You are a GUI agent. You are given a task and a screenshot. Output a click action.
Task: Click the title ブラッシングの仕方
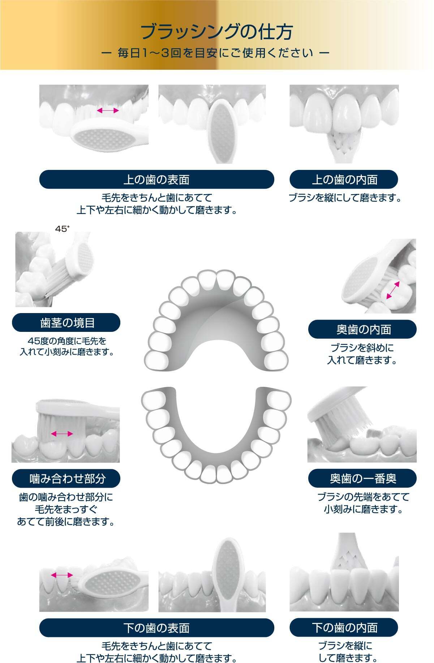point(216,32)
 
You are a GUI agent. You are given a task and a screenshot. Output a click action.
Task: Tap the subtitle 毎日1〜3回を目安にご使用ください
point(216,54)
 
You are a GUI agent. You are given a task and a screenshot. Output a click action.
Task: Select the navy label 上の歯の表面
point(156,179)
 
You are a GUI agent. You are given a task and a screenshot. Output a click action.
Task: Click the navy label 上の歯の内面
point(344,179)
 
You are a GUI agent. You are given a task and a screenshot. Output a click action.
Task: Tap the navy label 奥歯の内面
point(362,329)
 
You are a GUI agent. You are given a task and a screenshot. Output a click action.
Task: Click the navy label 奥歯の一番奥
point(362,479)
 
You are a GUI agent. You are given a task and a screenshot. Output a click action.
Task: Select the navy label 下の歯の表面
point(156,628)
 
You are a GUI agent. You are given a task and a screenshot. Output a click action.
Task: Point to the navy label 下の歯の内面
point(344,628)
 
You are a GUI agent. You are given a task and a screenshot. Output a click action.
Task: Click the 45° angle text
point(62,229)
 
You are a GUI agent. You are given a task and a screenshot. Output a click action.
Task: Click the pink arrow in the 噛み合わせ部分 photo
point(62,433)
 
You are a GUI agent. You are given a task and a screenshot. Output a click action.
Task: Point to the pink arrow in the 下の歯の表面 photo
point(62,575)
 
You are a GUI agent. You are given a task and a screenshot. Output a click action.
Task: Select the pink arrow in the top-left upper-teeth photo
point(108,111)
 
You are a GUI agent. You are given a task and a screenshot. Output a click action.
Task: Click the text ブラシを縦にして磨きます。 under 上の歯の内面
point(345,198)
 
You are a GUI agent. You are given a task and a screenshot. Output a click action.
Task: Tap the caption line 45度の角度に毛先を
point(67,341)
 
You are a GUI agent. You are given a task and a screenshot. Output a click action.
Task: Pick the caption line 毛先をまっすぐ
point(66,509)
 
